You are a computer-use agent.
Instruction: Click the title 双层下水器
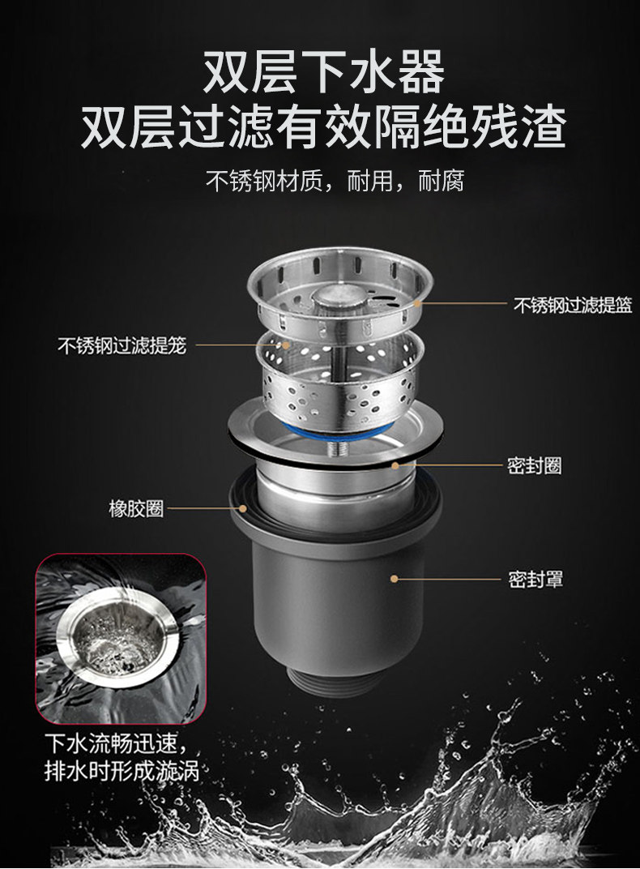[x=324, y=72]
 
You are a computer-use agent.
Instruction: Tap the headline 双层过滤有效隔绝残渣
[x=324, y=127]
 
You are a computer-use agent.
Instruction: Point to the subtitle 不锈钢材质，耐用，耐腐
[x=335, y=181]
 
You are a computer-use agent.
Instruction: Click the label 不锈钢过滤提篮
[x=573, y=304]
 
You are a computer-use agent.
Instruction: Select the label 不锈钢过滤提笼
[x=122, y=346]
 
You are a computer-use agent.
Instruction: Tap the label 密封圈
[x=534, y=465]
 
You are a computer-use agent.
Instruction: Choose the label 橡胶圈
[x=136, y=508]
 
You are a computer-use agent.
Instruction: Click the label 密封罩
[x=535, y=580]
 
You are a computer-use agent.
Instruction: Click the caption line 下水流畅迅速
[x=117, y=743]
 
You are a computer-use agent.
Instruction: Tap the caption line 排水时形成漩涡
[x=122, y=771]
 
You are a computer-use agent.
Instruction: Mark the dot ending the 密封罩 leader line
[x=395, y=579]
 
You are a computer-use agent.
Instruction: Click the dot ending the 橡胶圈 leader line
[x=242, y=507]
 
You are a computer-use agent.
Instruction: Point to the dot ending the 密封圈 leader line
[x=395, y=465]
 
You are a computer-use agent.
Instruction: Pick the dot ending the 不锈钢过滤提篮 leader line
[x=416, y=304]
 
